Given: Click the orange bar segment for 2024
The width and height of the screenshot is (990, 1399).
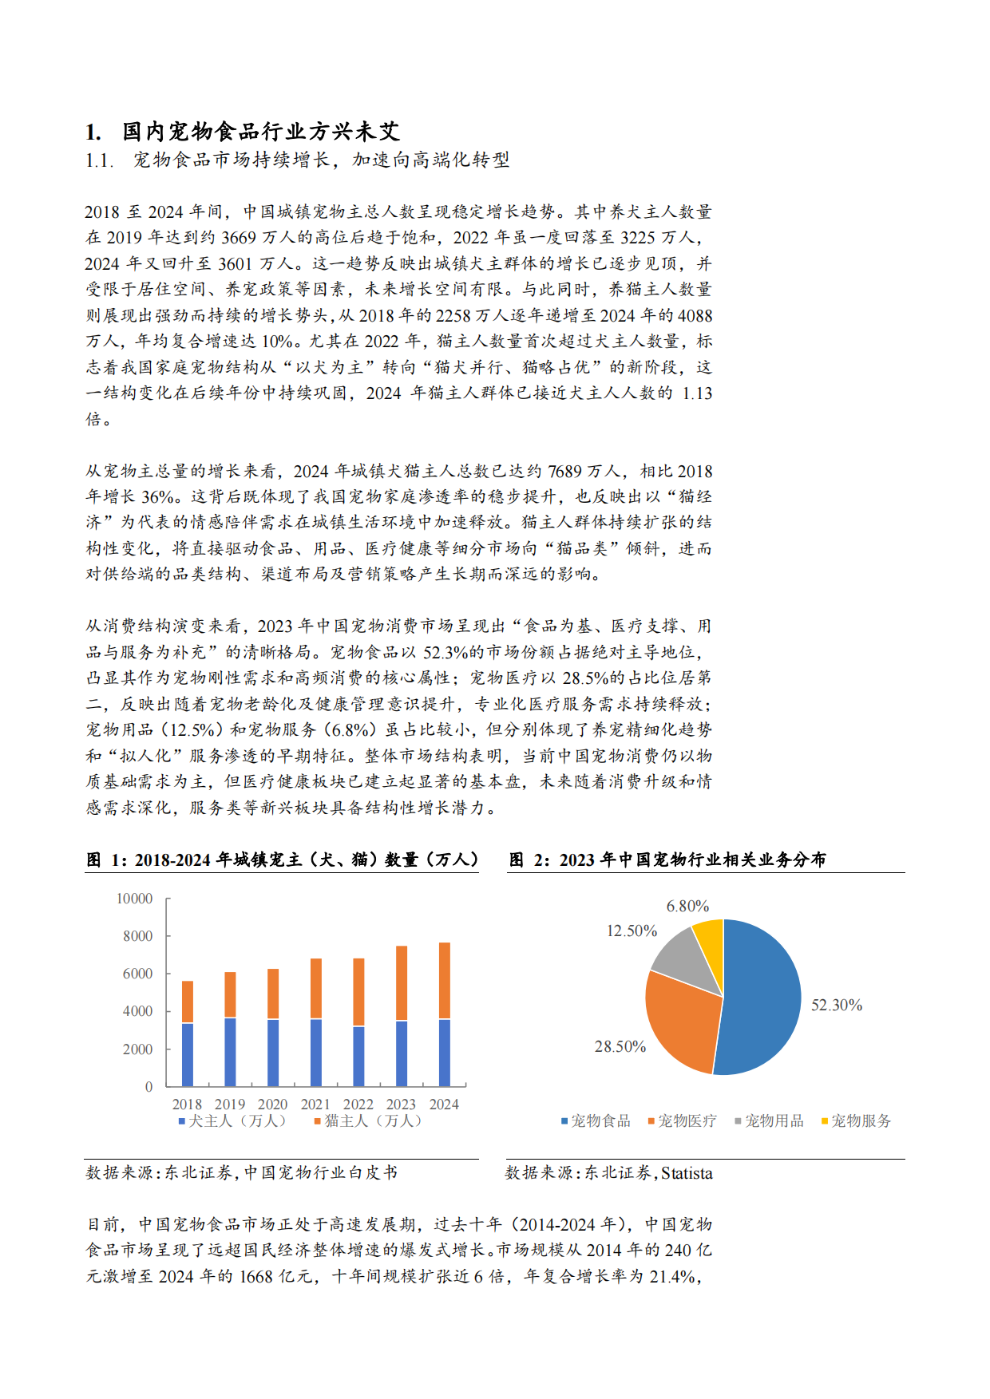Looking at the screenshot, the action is click(x=445, y=981).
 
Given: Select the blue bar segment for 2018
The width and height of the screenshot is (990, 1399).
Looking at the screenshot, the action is click(x=188, y=1054).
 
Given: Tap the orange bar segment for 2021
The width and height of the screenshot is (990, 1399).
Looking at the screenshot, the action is click(x=316, y=989).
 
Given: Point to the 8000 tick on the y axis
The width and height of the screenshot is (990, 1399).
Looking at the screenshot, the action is click(x=137, y=936).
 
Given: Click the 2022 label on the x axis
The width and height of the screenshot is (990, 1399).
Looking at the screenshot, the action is click(x=358, y=1104).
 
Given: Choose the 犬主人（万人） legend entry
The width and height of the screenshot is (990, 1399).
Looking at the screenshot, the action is click(x=232, y=1120).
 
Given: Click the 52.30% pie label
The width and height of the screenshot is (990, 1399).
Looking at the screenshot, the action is click(x=837, y=1005).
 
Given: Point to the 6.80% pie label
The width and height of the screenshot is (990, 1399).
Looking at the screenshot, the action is click(x=687, y=906).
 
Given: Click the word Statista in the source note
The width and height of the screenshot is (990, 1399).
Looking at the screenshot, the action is click(x=687, y=1173).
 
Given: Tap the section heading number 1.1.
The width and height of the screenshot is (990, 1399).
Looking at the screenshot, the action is click(x=99, y=160).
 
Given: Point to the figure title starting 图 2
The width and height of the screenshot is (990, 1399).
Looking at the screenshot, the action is click(x=667, y=860).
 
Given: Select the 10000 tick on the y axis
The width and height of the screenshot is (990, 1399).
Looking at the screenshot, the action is click(x=134, y=899).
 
